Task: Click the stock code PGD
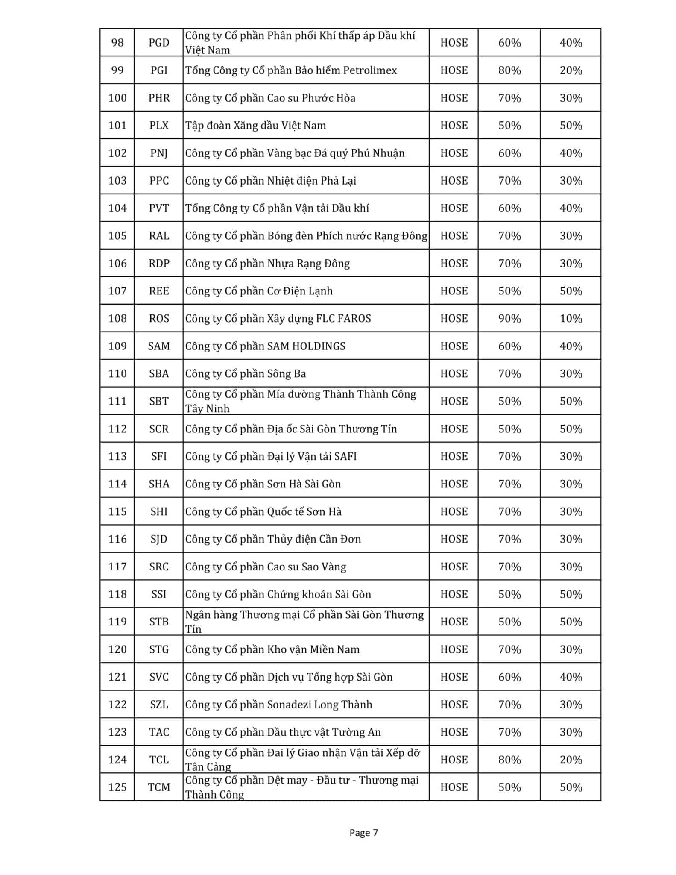click(x=159, y=43)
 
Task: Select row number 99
click(x=117, y=70)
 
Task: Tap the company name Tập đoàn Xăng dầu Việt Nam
click(x=255, y=125)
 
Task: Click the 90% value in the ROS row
click(x=509, y=318)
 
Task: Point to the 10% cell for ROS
click(x=571, y=318)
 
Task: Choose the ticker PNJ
click(x=159, y=153)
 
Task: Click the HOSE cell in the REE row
click(x=454, y=291)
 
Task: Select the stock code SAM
click(x=159, y=346)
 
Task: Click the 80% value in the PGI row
click(x=509, y=70)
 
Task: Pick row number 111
click(x=117, y=401)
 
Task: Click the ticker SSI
click(x=159, y=594)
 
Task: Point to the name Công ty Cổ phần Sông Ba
click(x=246, y=373)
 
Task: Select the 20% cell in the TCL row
click(x=571, y=760)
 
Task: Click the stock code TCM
click(x=159, y=787)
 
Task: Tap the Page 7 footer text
click(x=363, y=832)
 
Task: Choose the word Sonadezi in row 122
click(x=289, y=705)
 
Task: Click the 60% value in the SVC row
click(x=509, y=677)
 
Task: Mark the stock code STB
click(x=159, y=622)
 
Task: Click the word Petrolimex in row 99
click(x=370, y=70)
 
